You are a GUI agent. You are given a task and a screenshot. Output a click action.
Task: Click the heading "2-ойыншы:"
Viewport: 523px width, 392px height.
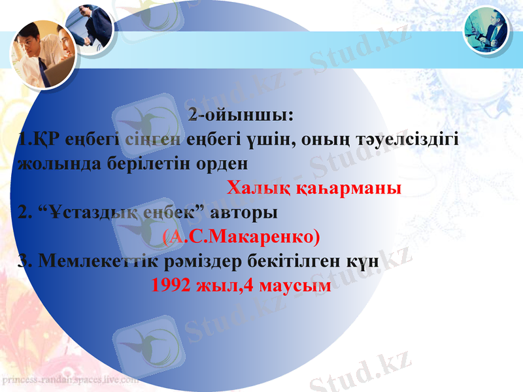(x=241, y=116)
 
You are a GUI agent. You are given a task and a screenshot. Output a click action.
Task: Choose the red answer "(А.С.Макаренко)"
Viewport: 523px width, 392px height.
(x=241, y=235)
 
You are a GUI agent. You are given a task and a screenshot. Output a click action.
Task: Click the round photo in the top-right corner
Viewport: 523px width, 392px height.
(x=486, y=29)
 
